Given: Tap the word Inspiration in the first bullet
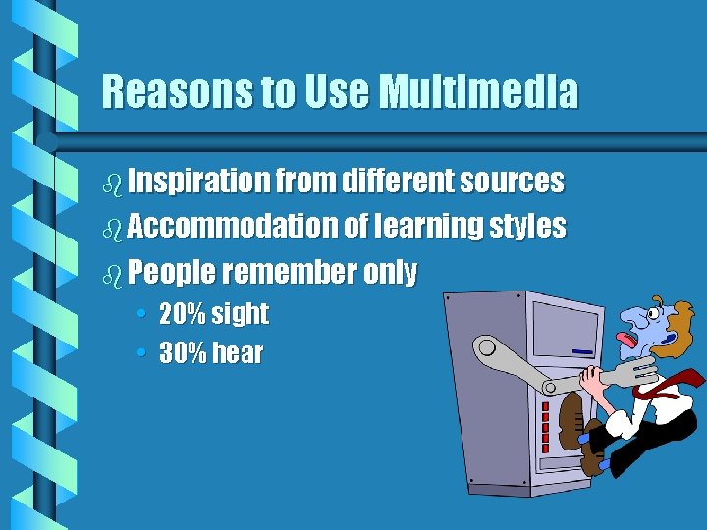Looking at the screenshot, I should (198, 182).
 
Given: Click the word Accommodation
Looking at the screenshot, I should (232, 227).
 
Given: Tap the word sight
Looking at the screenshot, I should (239, 315).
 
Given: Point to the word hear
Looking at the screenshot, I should (237, 353).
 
